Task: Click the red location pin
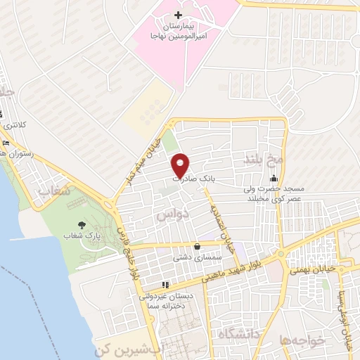pos(181,165)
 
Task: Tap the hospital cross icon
pos(177,15)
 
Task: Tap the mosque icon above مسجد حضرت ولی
pos(274,179)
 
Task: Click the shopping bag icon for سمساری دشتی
pos(196,247)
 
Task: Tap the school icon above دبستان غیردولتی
pos(165,285)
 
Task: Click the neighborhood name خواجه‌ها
pos(302,340)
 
